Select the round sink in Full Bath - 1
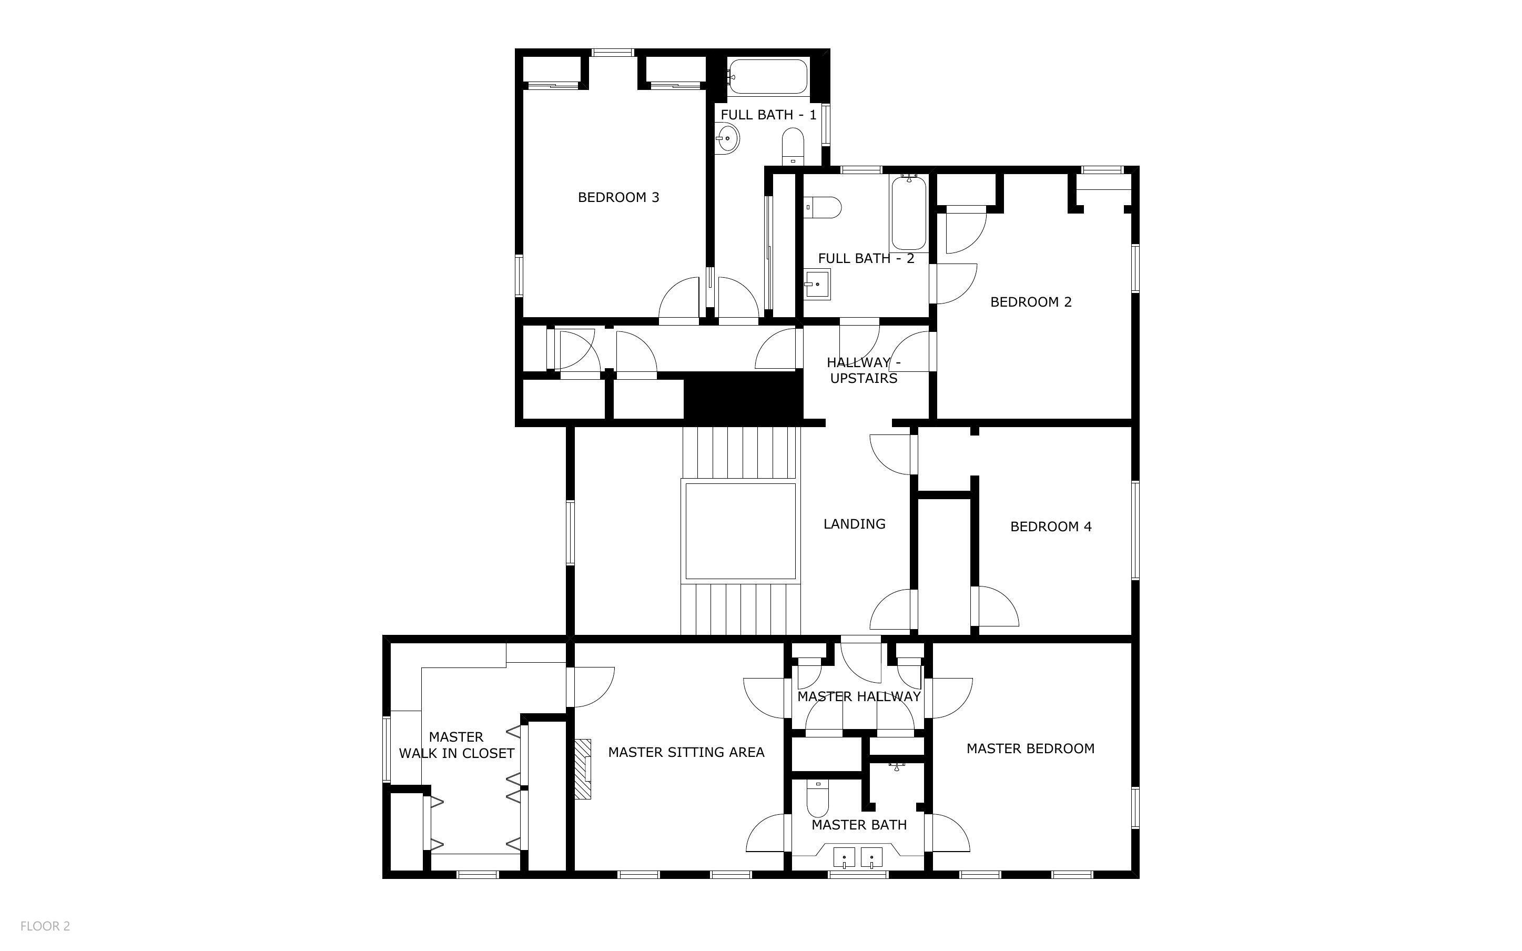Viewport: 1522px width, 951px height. click(727, 137)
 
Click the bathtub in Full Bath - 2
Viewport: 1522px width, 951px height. click(908, 214)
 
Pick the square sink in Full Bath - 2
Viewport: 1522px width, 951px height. click(817, 284)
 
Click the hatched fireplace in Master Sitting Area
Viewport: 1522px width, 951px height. click(583, 768)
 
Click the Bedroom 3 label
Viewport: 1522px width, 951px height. click(618, 197)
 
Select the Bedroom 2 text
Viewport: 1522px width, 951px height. click(1030, 302)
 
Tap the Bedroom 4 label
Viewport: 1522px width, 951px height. click(1050, 527)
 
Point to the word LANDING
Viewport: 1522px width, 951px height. click(854, 524)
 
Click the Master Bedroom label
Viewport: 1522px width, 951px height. click(1030, 748)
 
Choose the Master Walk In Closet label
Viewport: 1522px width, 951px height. click(456, 745)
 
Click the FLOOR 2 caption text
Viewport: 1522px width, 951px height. click(45, 926)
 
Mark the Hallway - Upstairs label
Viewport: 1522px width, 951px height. click(863, 370)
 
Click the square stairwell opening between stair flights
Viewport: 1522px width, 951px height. click(740, 531)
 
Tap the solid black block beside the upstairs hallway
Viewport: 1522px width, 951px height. click(743, 396)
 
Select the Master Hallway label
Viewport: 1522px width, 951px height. click(858, 696)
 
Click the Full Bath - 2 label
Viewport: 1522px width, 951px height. click(866, 258)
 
